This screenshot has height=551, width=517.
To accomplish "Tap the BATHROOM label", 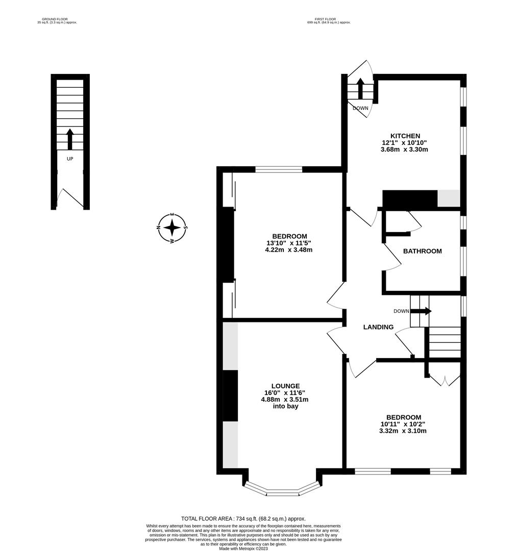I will pos(422,251).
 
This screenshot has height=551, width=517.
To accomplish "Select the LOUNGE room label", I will pos(285,386).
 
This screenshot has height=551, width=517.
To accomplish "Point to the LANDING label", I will pos(378,327).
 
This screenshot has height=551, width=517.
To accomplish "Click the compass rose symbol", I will pos(172,228).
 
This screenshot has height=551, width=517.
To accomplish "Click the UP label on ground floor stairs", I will pos(70,159).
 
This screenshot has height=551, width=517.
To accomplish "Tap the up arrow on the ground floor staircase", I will pos(70,139).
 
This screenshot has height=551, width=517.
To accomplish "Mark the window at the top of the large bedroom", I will pos(279,169).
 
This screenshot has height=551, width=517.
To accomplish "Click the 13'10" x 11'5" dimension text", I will pos(289,243).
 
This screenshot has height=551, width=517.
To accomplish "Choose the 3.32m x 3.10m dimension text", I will pos(403,431).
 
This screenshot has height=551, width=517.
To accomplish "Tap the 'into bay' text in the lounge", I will pos(285,406).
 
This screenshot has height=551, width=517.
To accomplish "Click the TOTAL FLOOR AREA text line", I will pos(243,518).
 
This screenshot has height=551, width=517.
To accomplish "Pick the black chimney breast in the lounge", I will pos(230,395).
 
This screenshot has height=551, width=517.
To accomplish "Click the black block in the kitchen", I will pos(410,199).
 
